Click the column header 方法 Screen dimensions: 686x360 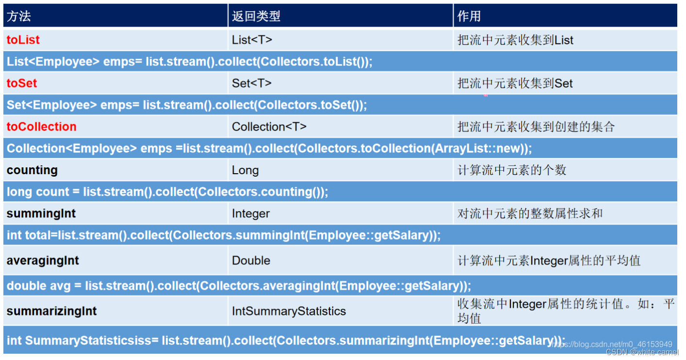coord(19,16)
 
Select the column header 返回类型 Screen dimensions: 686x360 coord(256,16)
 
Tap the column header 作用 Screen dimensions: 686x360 coord(469,16)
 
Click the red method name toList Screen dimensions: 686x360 coord(23,40)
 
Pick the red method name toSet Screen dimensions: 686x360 coord(22,83)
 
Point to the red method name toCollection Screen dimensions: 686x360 coord(42,127)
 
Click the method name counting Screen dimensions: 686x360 coord(32,170)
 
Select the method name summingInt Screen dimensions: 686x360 coord(41,213)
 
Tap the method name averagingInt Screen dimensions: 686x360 coord(43,261)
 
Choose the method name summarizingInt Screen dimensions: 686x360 coord(51,311)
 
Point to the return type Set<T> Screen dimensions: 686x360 coord(252,83)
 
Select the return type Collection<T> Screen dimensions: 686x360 coord(269,127)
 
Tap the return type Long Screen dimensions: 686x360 coord(245,170)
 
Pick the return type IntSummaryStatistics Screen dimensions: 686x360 coord(289,311)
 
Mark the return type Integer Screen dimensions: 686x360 coord(251,213)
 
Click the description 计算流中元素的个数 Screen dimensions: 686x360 coord(512,170)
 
